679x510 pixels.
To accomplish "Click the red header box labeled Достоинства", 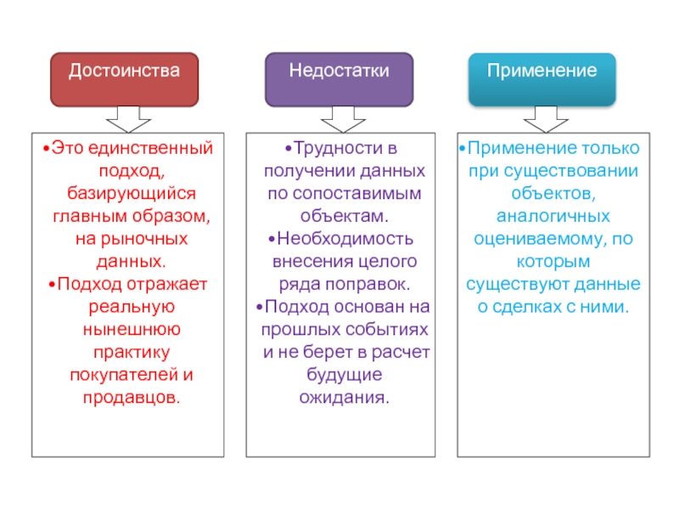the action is click(124, 80).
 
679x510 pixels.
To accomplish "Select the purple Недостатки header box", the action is click(339, 80).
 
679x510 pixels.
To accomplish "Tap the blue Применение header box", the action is click(542, 80).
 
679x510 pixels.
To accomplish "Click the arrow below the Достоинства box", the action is click(128, 119).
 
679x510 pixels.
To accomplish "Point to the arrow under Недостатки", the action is click(343, 119).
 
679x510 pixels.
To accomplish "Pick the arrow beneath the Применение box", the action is click(546, 119).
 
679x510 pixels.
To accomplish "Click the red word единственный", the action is click(151, 148).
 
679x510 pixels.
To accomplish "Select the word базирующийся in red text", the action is click(132, 194).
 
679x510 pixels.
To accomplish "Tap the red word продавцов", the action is click(132, 397).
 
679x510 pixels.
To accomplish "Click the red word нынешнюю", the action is click(132, 329).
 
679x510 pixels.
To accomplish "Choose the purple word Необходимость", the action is click(345, 239).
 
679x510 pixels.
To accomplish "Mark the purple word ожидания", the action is click(345, 397).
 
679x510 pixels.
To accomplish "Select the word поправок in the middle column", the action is click(368, 284).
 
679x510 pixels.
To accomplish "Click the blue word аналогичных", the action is click(553, 216).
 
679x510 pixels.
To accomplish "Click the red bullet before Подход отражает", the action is click(52, 285).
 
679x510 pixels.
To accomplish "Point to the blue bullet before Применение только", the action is click(462, 149).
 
